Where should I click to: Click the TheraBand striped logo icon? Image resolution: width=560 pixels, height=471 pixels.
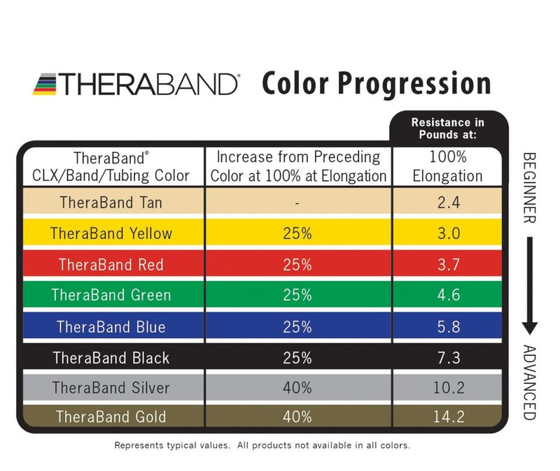(44, 85)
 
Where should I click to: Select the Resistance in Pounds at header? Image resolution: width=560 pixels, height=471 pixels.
(447, 128)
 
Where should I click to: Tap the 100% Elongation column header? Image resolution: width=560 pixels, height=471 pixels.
(447, 166)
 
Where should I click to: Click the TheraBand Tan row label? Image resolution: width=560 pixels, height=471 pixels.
(111, 203)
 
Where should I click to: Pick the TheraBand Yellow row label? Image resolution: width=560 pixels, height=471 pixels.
(111, 233)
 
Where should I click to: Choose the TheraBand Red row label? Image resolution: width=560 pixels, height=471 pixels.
(111, 264)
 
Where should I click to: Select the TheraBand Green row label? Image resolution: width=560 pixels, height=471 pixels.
(111, 295)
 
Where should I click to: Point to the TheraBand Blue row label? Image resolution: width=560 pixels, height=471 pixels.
(111, 326)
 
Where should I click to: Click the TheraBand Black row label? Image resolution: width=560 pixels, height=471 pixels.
(111, 358)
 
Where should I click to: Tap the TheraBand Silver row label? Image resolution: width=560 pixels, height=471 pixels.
(111, 387)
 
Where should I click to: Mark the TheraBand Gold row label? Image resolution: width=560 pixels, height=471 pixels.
(111, 417)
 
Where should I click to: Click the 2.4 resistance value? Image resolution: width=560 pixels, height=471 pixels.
(447, 203)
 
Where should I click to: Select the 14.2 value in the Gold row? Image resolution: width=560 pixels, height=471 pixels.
(447, 417)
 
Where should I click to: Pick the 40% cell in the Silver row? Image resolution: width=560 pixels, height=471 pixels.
(297, 387)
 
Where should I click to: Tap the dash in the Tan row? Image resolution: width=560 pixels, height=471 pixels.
(297, 203)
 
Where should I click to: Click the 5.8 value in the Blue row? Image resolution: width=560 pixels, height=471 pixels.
(447, 326)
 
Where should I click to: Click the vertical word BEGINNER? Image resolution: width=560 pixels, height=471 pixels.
(529, 187)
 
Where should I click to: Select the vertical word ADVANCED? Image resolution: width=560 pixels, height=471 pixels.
(529, 383)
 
